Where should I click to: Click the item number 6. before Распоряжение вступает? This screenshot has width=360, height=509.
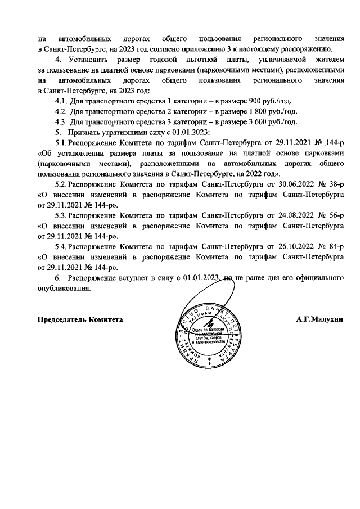point(57,278)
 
